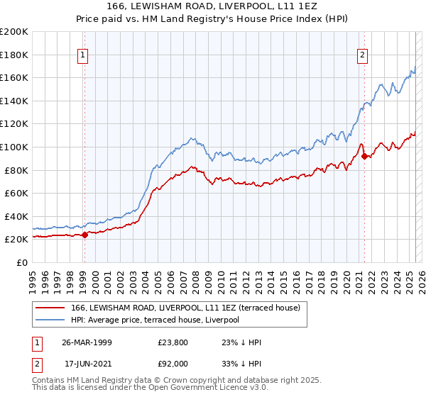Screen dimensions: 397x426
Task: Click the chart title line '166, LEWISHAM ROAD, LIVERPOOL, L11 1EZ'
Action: pos(213,8)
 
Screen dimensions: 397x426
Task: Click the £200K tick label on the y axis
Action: pos(14,32)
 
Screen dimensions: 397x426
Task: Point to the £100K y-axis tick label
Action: pos(14,147)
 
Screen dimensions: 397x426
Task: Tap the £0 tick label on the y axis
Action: pos(21,262)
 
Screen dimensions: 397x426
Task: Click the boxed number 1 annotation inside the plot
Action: pos(83,55)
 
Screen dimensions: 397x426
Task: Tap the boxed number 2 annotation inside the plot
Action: pos(363,55)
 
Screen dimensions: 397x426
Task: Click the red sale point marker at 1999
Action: pos(84,235)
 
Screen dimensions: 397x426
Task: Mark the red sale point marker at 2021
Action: pos(364,156)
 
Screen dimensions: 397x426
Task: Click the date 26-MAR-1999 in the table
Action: pos(87,342)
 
